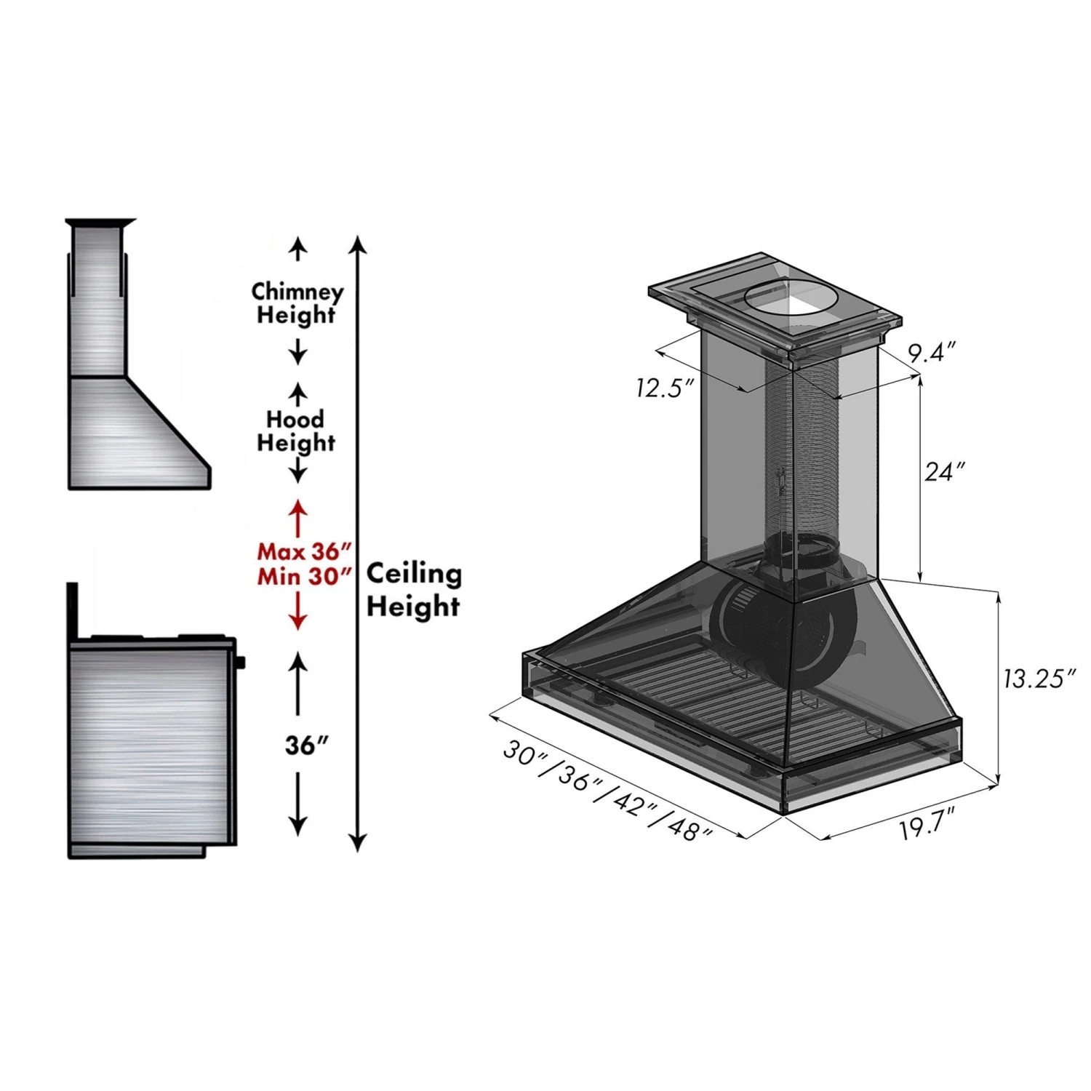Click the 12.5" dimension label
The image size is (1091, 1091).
click(660, 388)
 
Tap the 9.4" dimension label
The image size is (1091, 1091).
click(930, 353)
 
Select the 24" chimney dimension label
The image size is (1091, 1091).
click(944, 472)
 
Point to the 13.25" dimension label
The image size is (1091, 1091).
click(1039, 679)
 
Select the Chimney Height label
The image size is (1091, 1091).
click(297, 303)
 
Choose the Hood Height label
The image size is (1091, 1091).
click(296, 431)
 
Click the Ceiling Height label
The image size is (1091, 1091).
click(413, 589)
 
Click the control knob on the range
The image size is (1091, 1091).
click(241, 662)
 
